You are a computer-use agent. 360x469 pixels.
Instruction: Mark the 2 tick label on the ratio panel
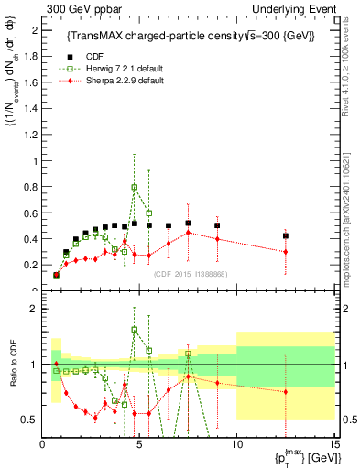click(x=35, y=309)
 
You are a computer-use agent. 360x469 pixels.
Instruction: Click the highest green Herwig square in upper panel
click(x=135, y=188)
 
